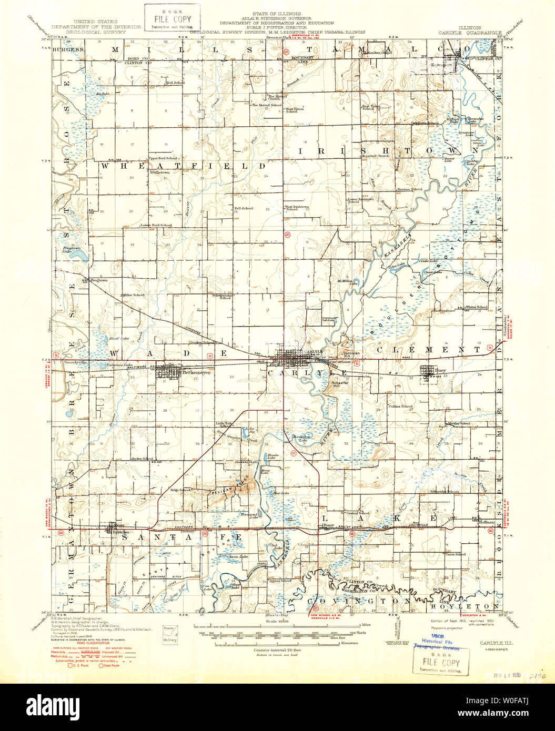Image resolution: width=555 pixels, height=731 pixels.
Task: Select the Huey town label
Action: [x=440, y=370]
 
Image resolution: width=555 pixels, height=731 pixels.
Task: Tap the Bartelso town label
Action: [x=120, y=532]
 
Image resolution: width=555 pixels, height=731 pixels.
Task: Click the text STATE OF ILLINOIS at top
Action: [x=276, y=12]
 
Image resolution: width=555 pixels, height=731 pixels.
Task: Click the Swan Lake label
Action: [x=241, y=556]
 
